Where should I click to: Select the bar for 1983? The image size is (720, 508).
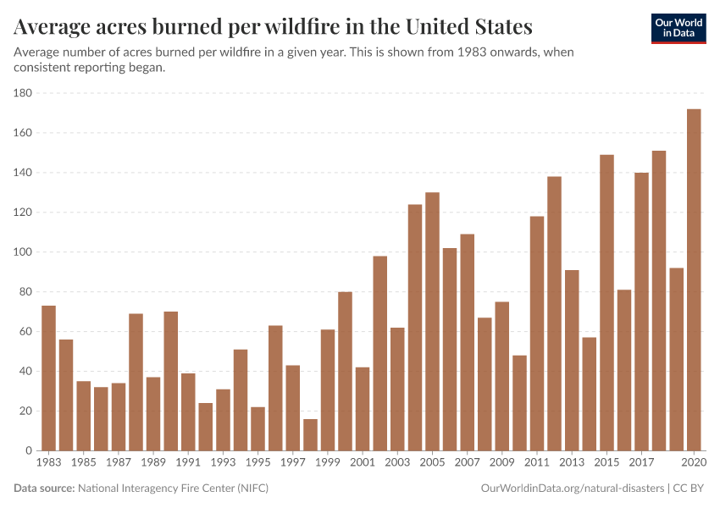pos(48,378)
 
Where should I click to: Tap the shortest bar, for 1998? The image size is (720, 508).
pos(310,434)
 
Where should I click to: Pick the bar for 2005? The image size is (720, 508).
pos(432,322)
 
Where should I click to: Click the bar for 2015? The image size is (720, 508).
pos(606,302)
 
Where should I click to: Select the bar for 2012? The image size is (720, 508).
pos(554,313)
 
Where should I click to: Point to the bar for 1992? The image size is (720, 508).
pos(206,427)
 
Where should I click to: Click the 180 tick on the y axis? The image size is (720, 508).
pos(23,93)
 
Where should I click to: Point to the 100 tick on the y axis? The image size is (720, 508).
pos(23,252)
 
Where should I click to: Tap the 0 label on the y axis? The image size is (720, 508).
pos(28,451)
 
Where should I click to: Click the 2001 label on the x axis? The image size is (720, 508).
pos(363,463)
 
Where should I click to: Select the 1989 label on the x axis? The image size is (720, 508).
pos(153,463)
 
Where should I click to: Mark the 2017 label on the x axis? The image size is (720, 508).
pos(641,463)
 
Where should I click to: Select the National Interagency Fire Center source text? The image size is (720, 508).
pos(173,489)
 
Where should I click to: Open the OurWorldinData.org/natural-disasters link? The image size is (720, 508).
pos(572,489)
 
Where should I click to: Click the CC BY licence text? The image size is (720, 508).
pos(690,489)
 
